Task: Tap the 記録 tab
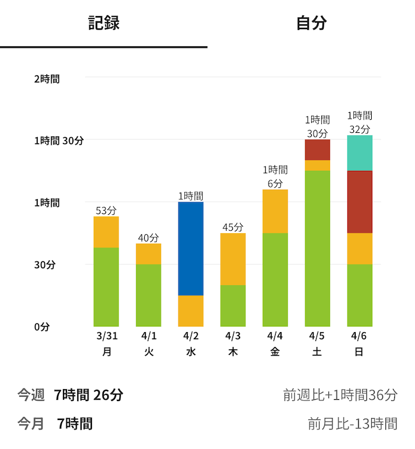(104, 23)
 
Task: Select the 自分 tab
(311, 23)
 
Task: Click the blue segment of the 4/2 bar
(191, 249)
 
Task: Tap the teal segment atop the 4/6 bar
(360, 153)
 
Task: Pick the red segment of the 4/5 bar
(318, 149)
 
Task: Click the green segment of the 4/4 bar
(275, 279)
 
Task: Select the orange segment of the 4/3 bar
(233, 259)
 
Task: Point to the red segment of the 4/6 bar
(360, 202)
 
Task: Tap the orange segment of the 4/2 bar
(191, 311)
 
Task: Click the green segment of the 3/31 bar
(106, 287)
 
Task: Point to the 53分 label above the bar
(106, 211)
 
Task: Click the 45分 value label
(233, 227)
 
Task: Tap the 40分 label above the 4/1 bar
(148, 238)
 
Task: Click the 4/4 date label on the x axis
(275, 336)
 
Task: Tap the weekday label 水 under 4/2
(191, 352)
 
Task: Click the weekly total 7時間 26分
(88, 394)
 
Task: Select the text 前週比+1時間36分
(340, 395)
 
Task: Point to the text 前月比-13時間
(352, 424)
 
